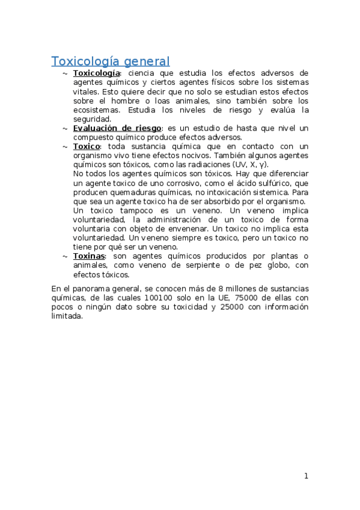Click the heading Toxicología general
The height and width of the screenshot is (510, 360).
111,61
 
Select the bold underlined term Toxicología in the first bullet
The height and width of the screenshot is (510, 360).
97,73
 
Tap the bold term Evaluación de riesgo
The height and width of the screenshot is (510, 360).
117,128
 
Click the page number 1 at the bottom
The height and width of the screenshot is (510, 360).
306,476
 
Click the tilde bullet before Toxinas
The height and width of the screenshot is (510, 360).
64,256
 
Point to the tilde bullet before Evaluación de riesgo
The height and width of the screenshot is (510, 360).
64,129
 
